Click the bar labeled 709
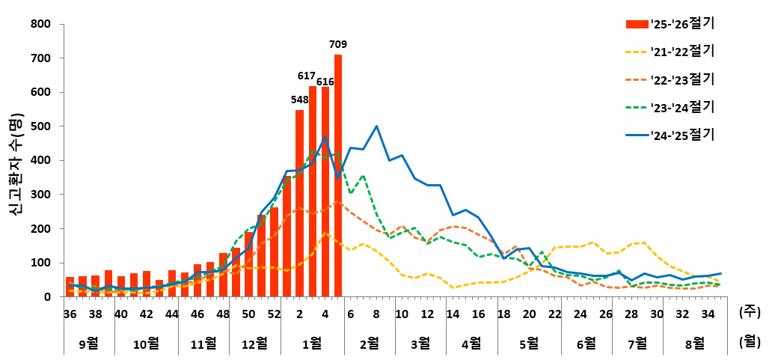click(338, 176)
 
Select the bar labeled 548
click(299, 204)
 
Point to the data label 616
click(325, 82)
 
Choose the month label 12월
click(255, 343)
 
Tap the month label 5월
click(528, 343)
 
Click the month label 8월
click(695, 343)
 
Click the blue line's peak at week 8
click(376, 126)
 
